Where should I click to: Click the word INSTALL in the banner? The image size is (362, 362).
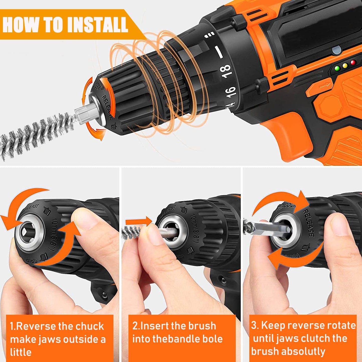click(x=98, y=25)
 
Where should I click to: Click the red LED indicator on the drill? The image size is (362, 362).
click(x=353, y=62)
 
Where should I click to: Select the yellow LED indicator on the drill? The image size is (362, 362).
click(x=345, y=66)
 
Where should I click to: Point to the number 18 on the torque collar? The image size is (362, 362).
click(x=225, y=71)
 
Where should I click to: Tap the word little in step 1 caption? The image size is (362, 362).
click(x=21, y=352)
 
